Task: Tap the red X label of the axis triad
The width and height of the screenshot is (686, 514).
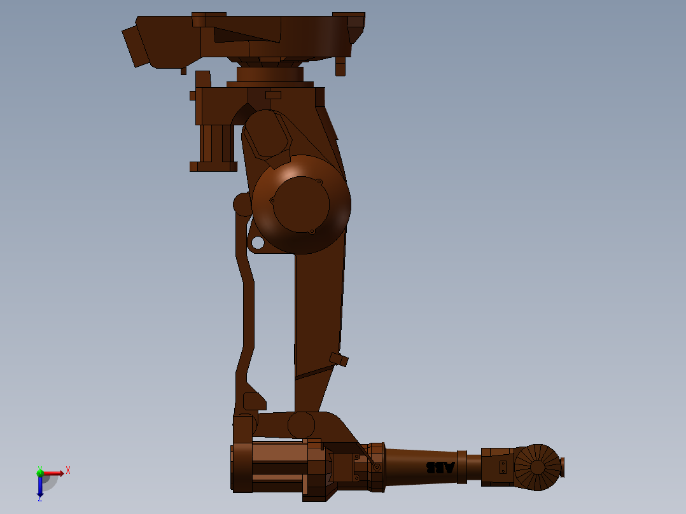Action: click(x=68, y=470)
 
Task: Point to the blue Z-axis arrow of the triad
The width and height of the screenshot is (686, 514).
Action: click(x=40, y=487)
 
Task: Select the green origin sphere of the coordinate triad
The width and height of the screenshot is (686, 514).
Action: click(x=40, y=473)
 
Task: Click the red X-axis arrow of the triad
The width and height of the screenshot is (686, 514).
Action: click(x=53, y=473)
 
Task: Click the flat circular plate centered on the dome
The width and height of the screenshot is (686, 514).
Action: click(x=301, y=204)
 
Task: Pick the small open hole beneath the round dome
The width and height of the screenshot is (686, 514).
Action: click(x=257, y=242)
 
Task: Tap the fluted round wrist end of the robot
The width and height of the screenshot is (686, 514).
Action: click(x=537, y=468)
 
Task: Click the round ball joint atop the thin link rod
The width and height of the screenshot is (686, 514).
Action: click(x=242, y=204)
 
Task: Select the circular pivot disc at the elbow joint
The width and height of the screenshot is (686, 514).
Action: click(x=301, y=425)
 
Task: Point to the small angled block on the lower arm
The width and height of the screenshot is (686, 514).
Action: click(x=339, y=359)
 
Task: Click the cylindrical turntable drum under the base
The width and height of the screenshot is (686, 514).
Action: click(x=270, y=74)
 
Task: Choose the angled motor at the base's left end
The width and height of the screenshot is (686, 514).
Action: click(x=136, y=46)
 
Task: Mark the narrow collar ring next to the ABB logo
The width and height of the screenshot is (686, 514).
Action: click(x=462, y=467)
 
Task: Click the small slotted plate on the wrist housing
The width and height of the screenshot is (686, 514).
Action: click(x=503, y=468)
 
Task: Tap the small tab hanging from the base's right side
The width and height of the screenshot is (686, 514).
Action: click(x=340, y=66)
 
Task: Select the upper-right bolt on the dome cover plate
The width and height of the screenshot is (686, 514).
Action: click(x=319, y=182)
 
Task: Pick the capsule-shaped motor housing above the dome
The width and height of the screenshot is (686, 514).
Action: click(x=266, y=134)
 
